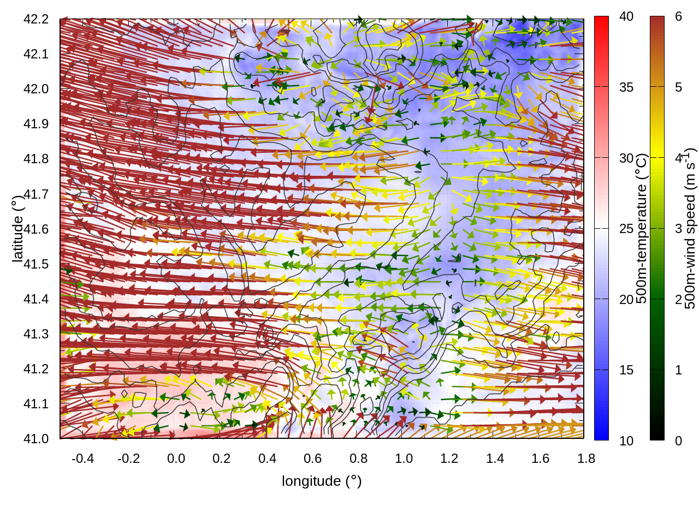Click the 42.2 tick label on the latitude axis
[36, 19]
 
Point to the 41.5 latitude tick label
[36, 264]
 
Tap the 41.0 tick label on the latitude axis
[36, 439]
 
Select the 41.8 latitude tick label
[36, 159]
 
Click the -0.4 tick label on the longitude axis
[83, 458]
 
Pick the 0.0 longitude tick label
[176, 458]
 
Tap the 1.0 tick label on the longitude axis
[404, 458]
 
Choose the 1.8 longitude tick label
[586, 458]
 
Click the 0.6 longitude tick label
[312, 458]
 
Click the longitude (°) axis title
[322, 481]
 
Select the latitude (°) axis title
[17, 229]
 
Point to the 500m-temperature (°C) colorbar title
[642, 229]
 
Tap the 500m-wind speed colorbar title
[690, 229]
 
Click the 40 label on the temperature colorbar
[626, 17]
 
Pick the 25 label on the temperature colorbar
[626, 229]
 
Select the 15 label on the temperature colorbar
[626, 370]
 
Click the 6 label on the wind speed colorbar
[678, 17]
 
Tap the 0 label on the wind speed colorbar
[678, 440]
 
